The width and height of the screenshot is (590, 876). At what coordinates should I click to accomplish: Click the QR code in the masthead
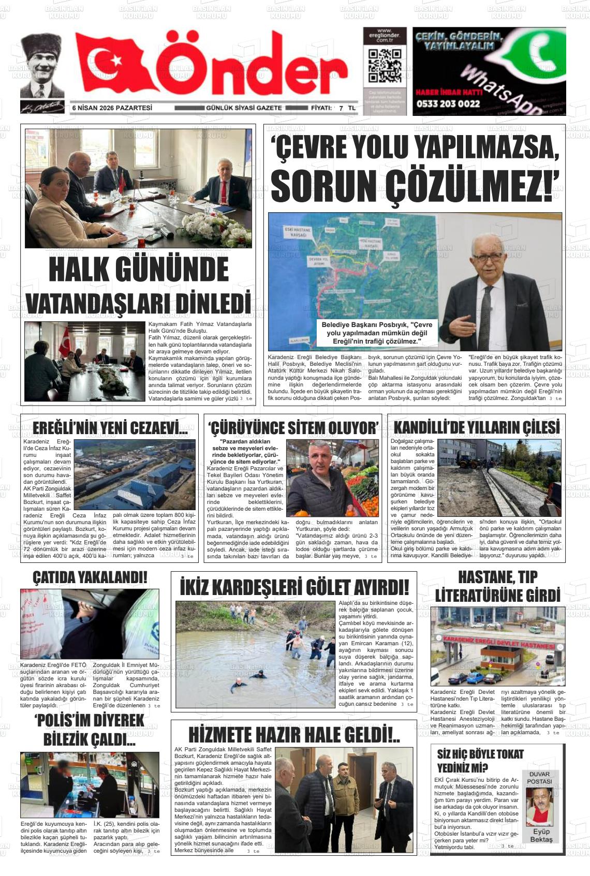point(384,66)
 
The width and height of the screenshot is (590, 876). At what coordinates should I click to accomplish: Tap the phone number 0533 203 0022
point(447,103)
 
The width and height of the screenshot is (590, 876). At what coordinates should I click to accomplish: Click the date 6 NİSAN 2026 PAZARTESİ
point(112,108)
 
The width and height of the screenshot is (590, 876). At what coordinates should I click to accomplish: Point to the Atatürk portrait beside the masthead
point(42,66)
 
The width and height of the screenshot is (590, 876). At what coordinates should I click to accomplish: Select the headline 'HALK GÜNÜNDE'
point(139,270)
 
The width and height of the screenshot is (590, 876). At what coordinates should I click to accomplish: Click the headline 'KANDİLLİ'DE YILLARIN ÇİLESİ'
point(476,427)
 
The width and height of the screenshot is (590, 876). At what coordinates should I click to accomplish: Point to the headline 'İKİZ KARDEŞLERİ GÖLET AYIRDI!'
point(294,588)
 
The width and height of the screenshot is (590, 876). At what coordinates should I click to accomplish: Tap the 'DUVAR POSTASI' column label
point(539,778)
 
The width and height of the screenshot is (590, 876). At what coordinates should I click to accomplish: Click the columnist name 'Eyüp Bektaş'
point(541,835)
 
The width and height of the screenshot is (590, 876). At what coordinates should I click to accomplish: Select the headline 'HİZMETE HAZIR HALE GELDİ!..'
point(294,735)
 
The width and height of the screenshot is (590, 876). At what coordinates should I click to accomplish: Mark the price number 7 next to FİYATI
point(341,108)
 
